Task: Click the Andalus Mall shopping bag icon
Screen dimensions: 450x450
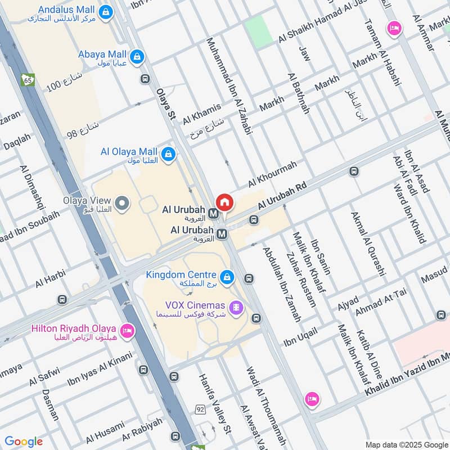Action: coord(105,11)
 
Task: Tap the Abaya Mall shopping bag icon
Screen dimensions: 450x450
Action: coord(136,56)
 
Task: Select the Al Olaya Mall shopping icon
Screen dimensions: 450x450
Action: coord(168,153)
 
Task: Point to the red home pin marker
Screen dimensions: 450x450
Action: coord(224,202)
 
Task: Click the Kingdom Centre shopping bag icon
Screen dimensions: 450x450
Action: coord(227,277)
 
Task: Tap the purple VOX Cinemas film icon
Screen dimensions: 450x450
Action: coord(238,307)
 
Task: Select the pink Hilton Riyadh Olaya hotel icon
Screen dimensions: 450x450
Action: coord(127,330)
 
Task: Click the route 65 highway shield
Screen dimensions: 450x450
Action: coord(28,80)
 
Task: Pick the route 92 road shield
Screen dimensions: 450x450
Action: coord(201,409)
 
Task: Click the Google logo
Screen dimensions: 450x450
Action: coord(23,442)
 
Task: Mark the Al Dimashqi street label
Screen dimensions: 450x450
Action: coord(33,187)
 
